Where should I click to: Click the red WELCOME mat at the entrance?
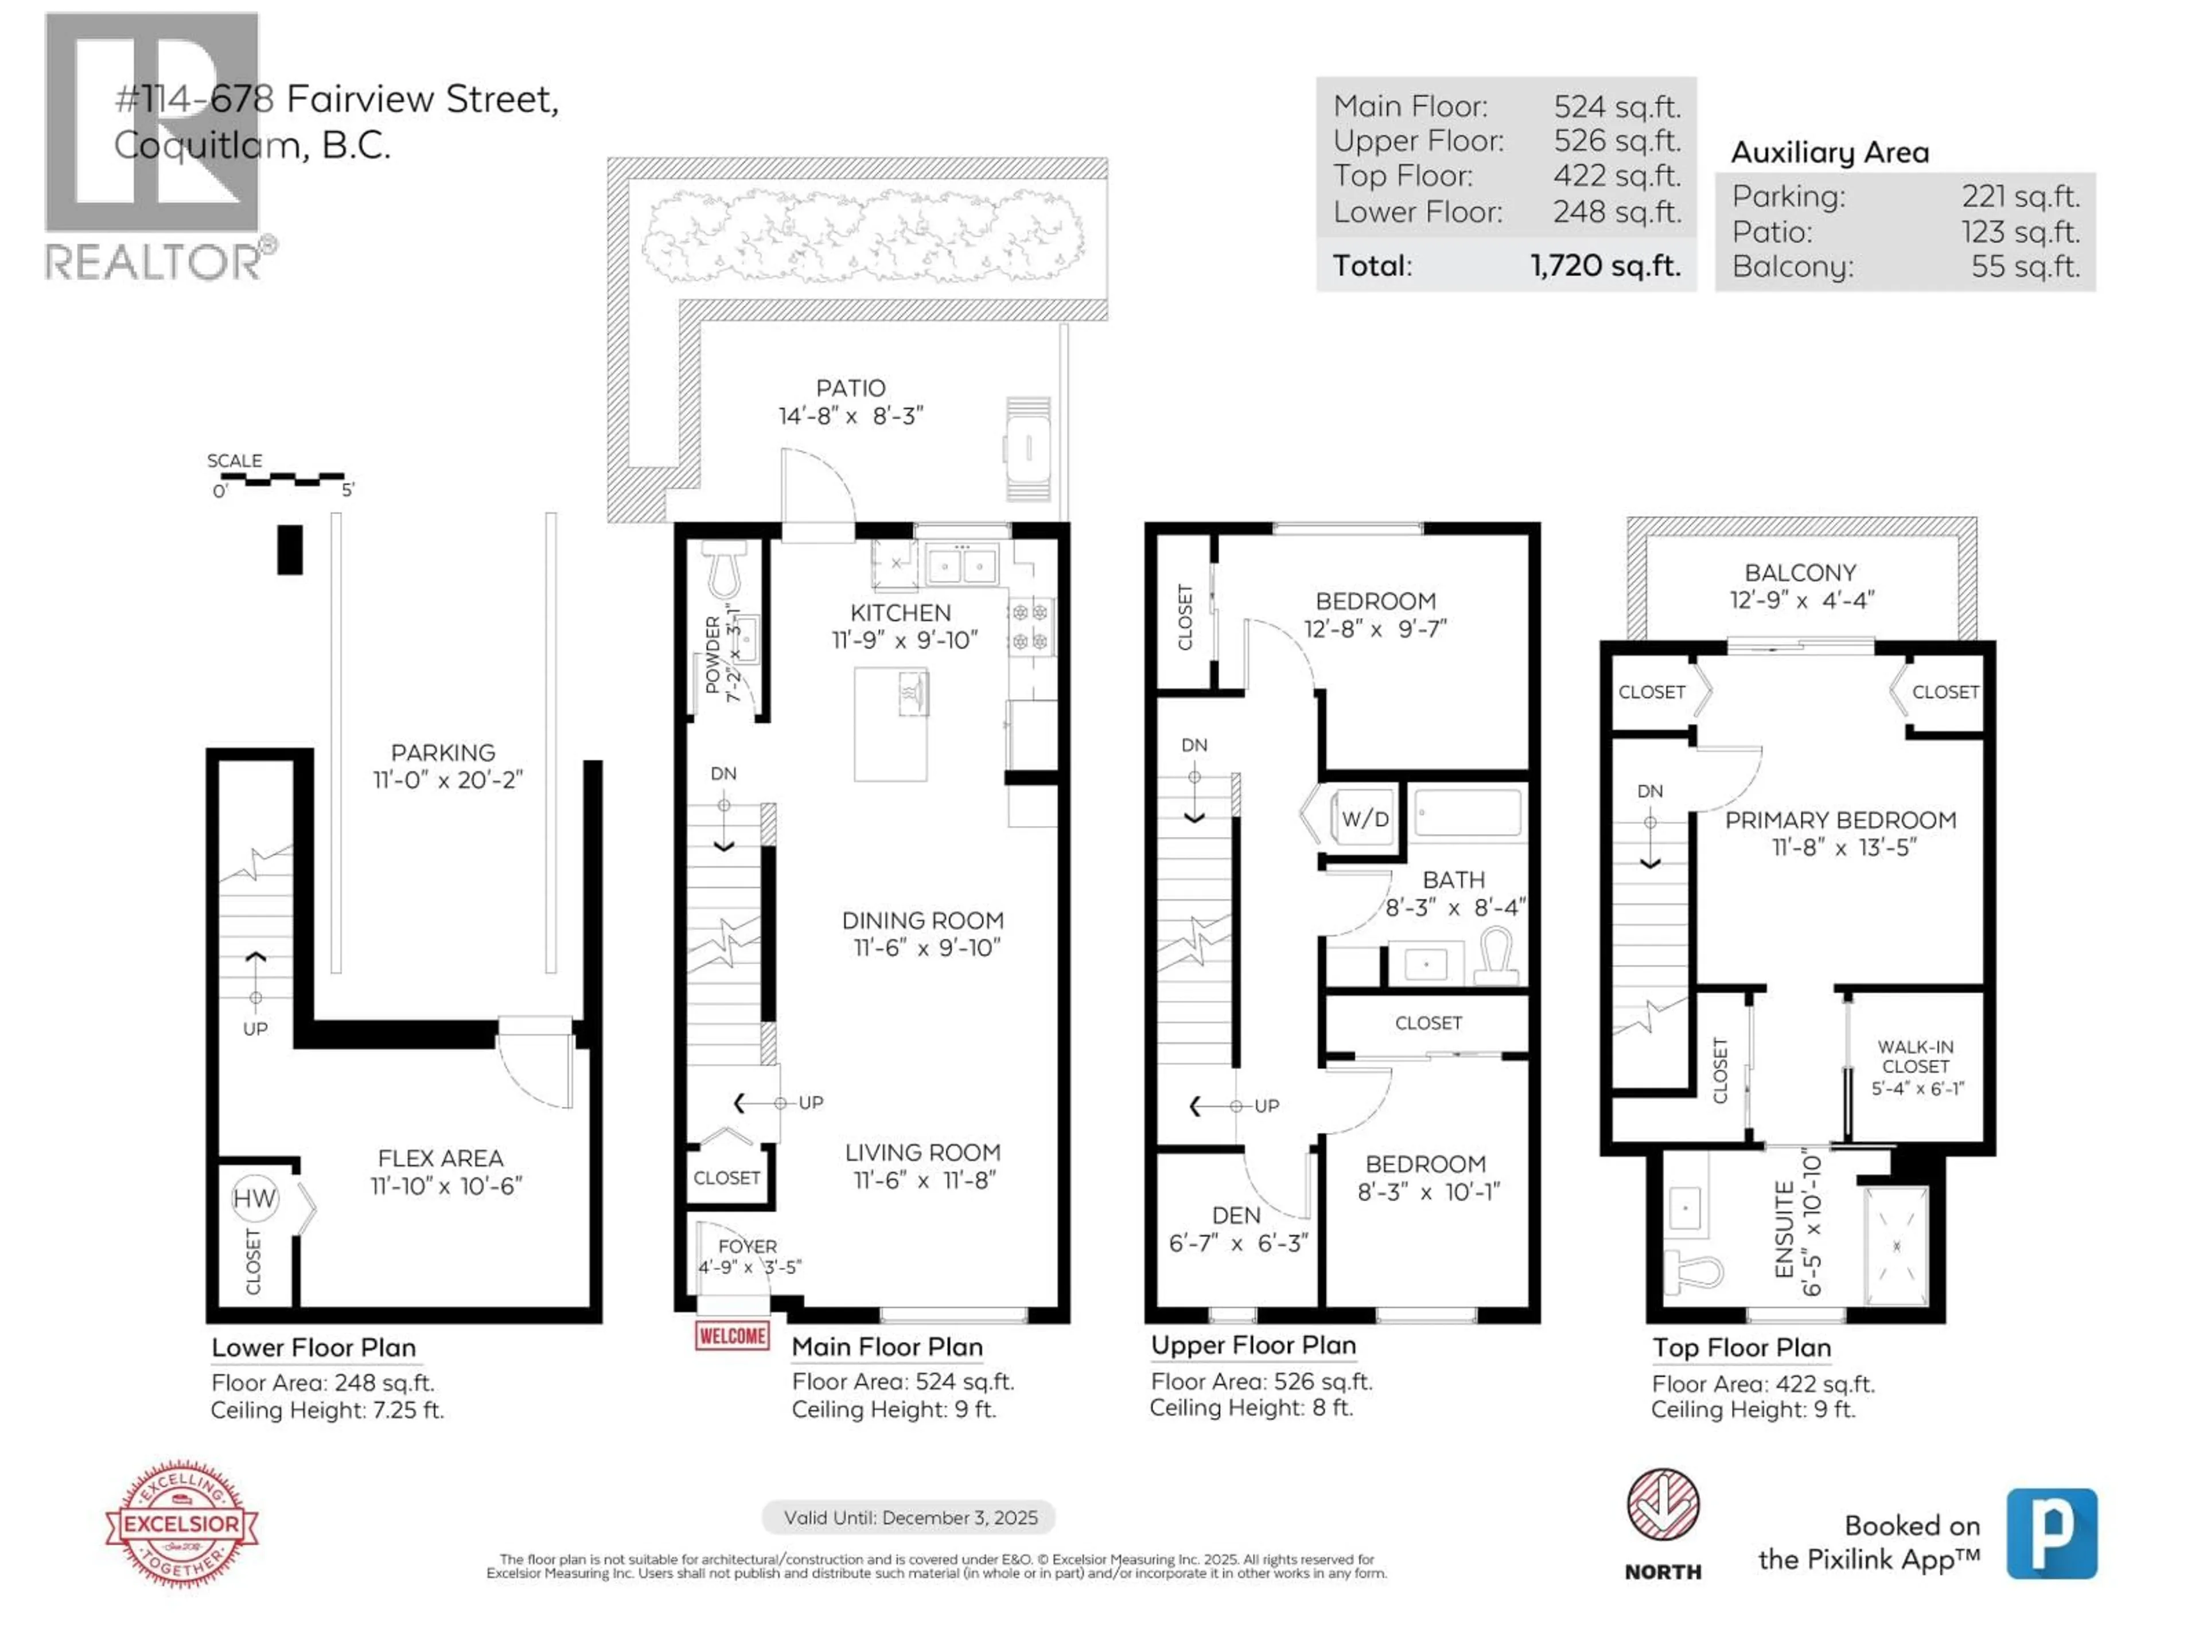[x=732, y=1335]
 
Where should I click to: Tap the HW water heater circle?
[x=254, y=1198]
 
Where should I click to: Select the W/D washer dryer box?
[x=1364, y=819]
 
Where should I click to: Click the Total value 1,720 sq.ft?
[x=1605, y=266]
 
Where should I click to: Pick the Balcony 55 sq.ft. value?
[x=2025, y=267]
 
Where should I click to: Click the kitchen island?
[x=890, y=724]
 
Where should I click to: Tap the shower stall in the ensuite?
[x=1896, y=1246]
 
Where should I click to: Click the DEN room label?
[x=1236, y=1215]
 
